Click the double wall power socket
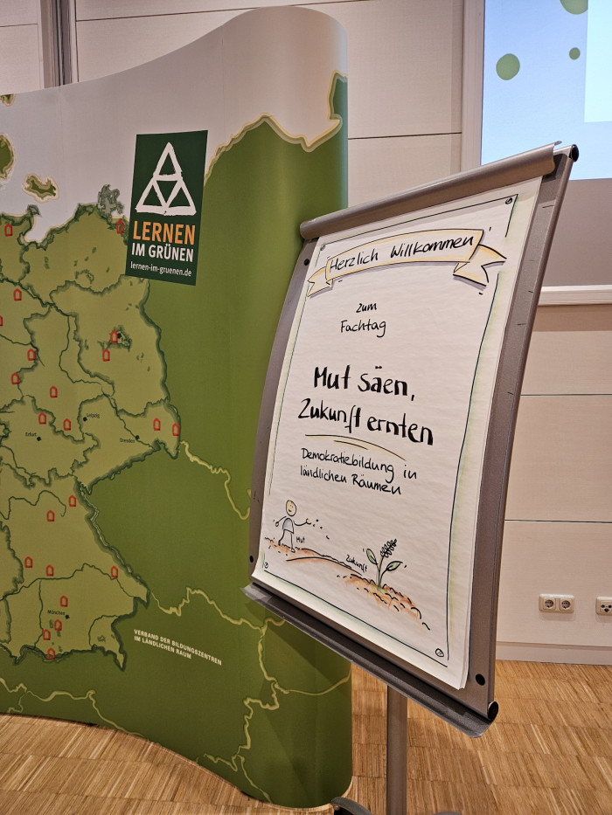tap(556, 603)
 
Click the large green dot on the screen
tap(507, 66)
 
